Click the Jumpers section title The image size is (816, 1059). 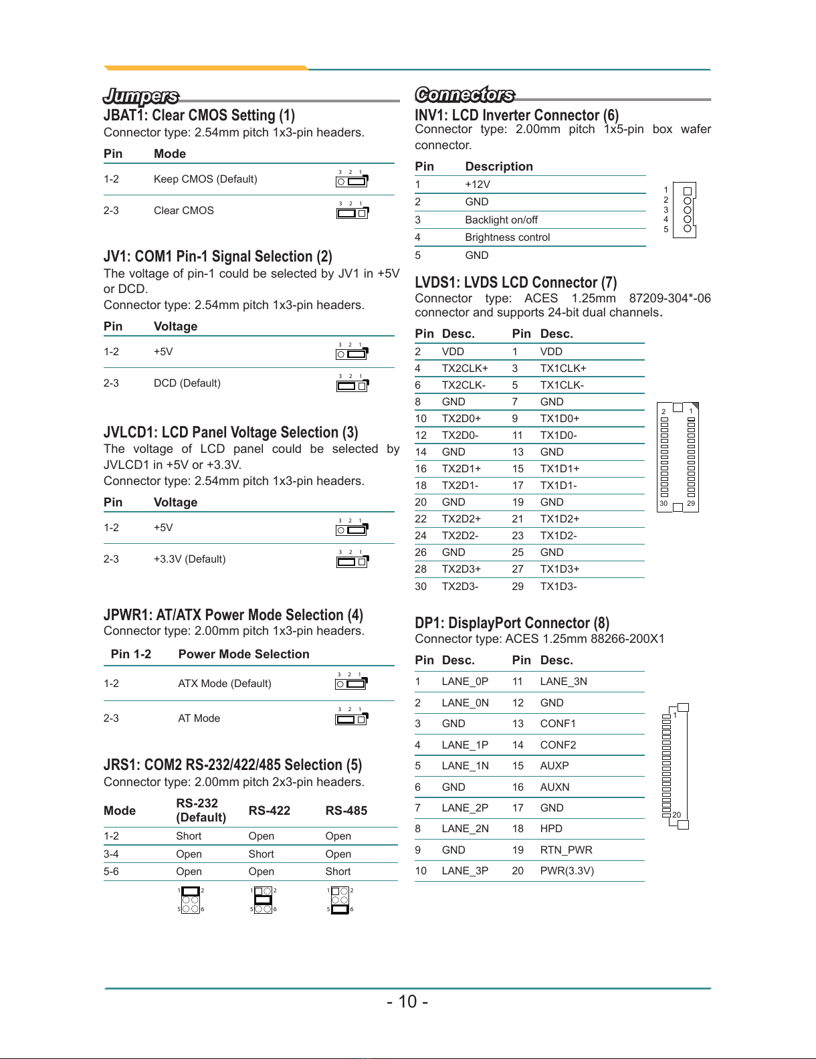pyautogui.click(x=141, y=96)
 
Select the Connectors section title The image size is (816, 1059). pyautogui.click(x=465, y=94)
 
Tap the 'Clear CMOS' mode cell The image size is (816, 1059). pyautogui.click(x=184, y=211)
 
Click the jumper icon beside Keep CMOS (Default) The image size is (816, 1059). pyautogui.click(x=352, y=181)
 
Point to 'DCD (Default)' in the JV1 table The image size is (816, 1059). pyautogui.click(x=187, y=383)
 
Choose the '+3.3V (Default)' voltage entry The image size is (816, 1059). pyautogui.click(x=190, y=559)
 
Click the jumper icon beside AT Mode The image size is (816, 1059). pyautogui.click(x=352, y=719)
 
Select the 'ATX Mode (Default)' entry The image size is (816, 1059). pyautogui.click(x=225, y=684)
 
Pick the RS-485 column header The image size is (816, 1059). pyautogui.click(x=346, y=811)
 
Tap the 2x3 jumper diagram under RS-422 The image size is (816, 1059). pyautogui.click(x=264, y=900)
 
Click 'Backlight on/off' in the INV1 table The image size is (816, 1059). pyautogui.click(x=502, y=220)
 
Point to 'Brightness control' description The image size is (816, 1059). pyautogui.click(x=508, y=237)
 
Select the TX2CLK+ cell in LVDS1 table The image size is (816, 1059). pyautogui.click(x=466, y=369)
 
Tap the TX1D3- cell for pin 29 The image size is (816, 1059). pyautogui.click(x=558, y=587)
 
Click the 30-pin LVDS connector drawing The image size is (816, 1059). pyautogui.click(x=678, y=458)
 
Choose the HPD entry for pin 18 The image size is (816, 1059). pyautogui.click(x=551, y=829)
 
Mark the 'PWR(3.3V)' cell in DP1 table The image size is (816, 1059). pyautogui.click(x=567, y=871)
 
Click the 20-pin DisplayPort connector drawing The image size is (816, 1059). pyautogui.click(x=675, y=766)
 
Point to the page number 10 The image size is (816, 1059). pyautogui.click(x=407, y=1001)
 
